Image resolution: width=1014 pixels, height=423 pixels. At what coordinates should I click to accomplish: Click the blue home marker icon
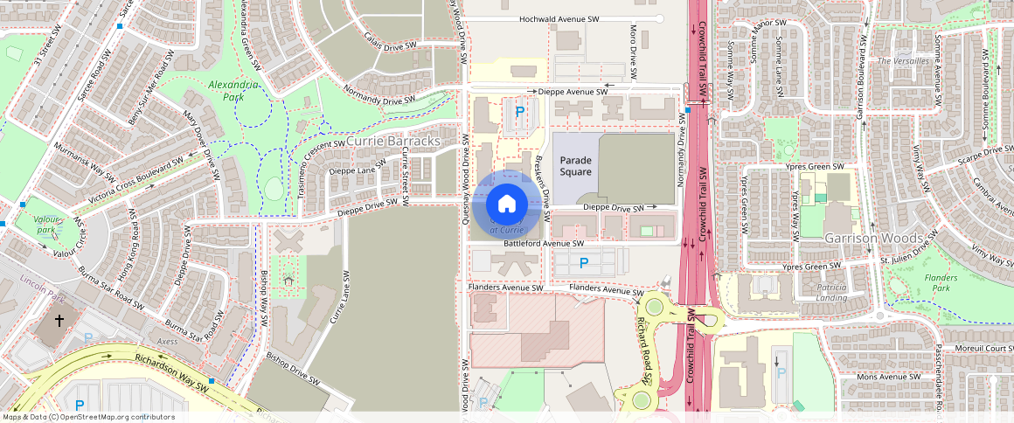point(505,205)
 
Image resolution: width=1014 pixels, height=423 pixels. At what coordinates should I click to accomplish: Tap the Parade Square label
point(576,166)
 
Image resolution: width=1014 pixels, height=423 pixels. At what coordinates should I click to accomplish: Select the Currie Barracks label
point(392,141)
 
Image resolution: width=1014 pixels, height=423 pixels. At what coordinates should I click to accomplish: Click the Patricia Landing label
point(831,292)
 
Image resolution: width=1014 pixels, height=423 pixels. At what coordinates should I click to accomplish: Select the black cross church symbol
point(59,321)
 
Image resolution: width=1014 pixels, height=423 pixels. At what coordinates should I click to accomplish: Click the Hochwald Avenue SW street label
point(559,18)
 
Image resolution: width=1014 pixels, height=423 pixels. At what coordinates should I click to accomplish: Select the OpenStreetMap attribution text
point(88,417)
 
